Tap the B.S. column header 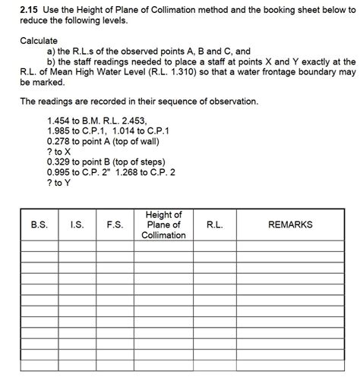39,225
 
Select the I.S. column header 76,225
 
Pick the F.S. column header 115,225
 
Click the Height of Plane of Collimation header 163,225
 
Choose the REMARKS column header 290,225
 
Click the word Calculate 39,39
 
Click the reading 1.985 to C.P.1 59,130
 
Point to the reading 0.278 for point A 59,141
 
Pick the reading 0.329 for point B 59,162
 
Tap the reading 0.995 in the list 59,173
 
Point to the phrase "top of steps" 139,162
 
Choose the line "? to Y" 58,184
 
